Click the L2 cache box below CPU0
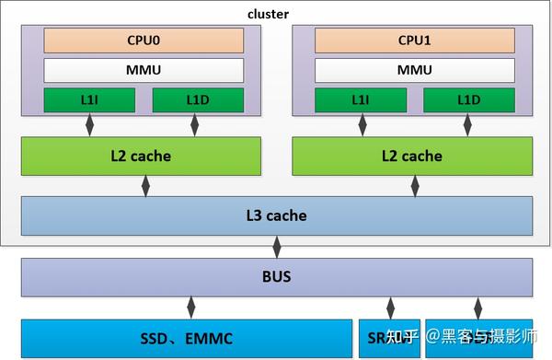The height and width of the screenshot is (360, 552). (x=143, y=156)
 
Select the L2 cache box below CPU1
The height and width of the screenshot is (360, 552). (x=413, y=156)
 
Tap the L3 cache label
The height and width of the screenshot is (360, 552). (x=277, y=215)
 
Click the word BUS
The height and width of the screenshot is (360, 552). (x=277, y=276)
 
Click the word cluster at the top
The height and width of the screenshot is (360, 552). (x=269, y=13)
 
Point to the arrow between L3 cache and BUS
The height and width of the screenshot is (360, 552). (x=277, y=246)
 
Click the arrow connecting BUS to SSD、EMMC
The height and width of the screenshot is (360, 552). (x=191, y=308)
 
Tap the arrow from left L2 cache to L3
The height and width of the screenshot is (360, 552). (x=144, y=186)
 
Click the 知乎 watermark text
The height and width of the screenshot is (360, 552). (x=401, y=338)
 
